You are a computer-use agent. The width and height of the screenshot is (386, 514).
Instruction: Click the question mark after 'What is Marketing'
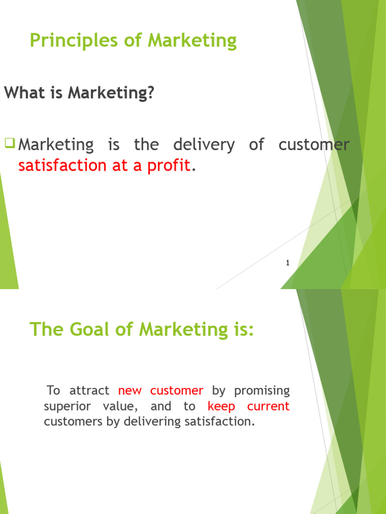(150, 93)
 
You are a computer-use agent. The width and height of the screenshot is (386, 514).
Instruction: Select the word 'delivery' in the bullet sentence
(204, 146)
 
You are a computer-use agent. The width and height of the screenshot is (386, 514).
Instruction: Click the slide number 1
(287, 263)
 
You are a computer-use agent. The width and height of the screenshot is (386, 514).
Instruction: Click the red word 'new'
(131, 391)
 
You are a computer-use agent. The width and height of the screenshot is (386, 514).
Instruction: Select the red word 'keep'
(221, 406)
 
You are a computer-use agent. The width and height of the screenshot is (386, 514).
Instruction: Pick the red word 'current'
(268, 406)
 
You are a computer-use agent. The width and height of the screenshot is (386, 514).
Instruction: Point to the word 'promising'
(262, 391)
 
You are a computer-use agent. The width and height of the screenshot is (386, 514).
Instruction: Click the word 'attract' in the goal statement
(89, 391)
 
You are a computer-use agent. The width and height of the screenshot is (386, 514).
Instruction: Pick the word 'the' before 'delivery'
(146, 146)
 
